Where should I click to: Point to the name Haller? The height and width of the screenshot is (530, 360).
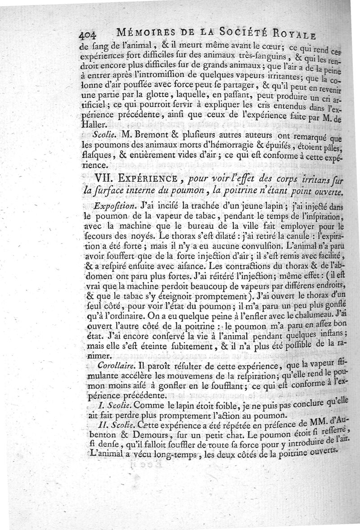coord(92,125)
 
